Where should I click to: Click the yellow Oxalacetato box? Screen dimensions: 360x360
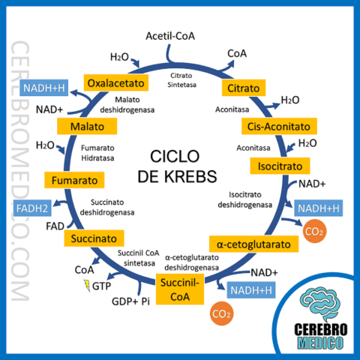115,82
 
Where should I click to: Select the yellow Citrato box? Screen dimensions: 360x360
242,88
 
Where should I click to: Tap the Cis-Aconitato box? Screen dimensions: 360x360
278,125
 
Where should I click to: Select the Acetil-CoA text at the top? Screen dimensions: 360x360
170,36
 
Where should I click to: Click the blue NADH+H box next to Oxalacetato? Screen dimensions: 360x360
45,88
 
